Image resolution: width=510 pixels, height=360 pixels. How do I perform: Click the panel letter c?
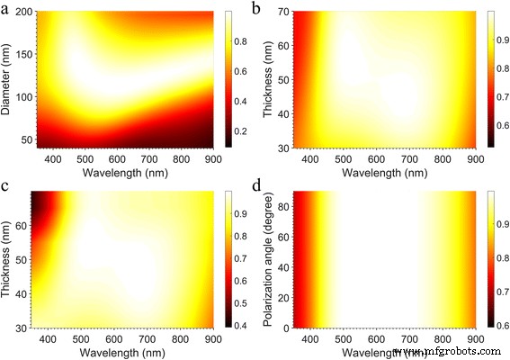6,186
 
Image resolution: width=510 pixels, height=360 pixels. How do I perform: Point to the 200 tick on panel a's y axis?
30,13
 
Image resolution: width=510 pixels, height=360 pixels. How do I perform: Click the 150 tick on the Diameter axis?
30,54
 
